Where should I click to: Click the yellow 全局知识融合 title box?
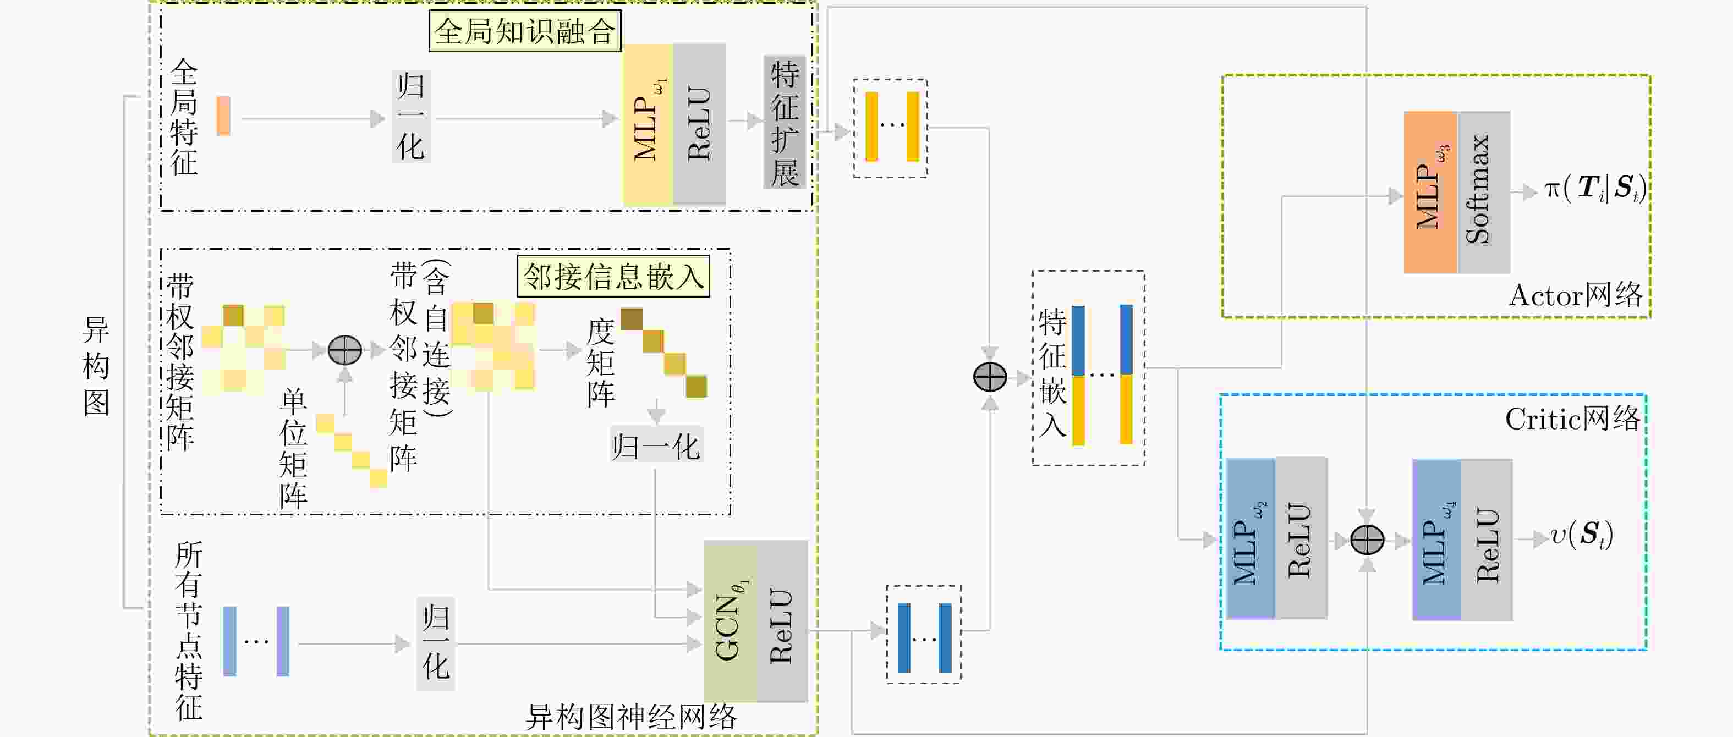[525, 31]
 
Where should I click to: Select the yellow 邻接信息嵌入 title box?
[613, 276]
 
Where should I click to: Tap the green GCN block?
[730, 620]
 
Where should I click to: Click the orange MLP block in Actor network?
[1430, 193]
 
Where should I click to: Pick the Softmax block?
[1483, 193]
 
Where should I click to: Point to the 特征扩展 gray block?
[785, 123]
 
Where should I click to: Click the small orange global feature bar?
[223, 116]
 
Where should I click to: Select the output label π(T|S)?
[1594, 188]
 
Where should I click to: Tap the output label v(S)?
[1581, 536]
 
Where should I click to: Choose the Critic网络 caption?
[1572, 420]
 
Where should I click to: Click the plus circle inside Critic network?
[1367, 540]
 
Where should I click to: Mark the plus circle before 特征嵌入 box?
[990, 377]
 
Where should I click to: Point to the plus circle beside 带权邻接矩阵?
[344, 350]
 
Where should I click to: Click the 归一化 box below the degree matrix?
[656, 446]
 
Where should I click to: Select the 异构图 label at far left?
[96, 366]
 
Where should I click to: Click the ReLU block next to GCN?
[782, 620]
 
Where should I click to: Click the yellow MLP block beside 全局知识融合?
[647, 124]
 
